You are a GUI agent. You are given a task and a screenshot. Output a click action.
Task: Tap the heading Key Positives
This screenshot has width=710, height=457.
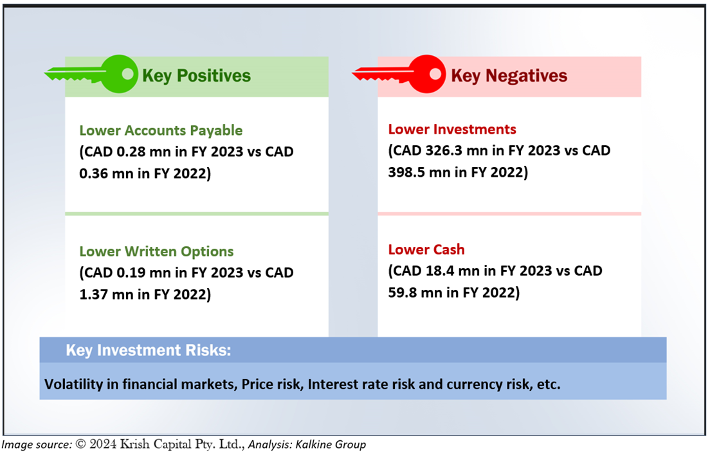click(x=196, y=76)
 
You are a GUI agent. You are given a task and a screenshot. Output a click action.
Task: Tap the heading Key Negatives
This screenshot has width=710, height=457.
click(x=509, y=76)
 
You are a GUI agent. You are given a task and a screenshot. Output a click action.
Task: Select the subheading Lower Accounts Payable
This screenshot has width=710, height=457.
click(x=161, y=130)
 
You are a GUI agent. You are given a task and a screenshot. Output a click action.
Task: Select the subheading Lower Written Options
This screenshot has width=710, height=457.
click(x=156, y=251)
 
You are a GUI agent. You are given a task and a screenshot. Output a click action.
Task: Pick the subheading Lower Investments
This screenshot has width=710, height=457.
click(x=452, y=129)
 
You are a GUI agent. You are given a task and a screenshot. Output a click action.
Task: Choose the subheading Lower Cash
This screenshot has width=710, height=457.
click(x=426, y=249)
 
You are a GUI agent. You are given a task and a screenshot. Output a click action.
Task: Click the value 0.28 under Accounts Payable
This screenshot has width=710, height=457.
click(x=131, y=152)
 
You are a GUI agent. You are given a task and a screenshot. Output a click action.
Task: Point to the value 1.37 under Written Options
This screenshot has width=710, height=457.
click(x=93, y=294)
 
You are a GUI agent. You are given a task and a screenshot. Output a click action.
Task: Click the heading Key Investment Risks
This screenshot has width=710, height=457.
click(x=149, y=350)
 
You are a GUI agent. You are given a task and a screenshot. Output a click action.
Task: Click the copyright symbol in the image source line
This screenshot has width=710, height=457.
click(x=80, y=444)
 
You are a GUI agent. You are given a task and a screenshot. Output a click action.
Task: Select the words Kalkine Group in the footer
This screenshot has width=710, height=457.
click(x=331, y=445)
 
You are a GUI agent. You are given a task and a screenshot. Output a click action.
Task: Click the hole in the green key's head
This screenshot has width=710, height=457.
click(x=128, y=74)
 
